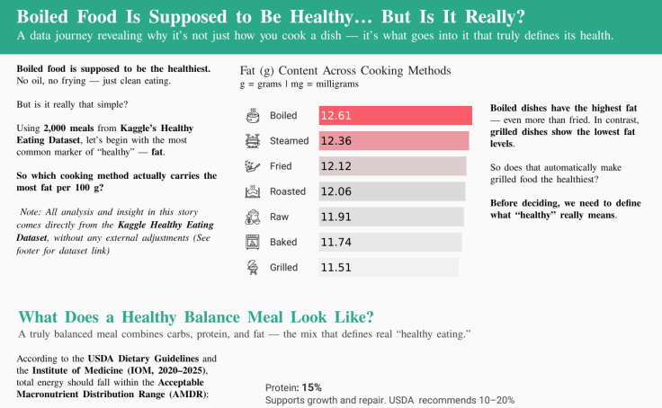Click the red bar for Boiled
[x=396, y=115]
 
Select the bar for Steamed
[x=394, y=141]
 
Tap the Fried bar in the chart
[x=392, y=166]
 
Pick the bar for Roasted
[x=392, y=191]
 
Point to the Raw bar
[x=391, y=217]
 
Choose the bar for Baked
[x=389, y=242]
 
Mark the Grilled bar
[x=389, y=267]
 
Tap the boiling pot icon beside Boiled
[x=253, y=115]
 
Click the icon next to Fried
[x=253, y=166]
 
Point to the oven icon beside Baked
[x=253, y=242]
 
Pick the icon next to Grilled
[x=253, y=267]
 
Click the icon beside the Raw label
[x=253, y=217]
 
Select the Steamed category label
[x=289, y=141]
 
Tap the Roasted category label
[x=289, y=191]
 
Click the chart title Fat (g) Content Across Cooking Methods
[x=345, y=70]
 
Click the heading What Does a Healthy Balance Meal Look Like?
[x=196, y=317]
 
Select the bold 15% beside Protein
[x=311, y=387]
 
